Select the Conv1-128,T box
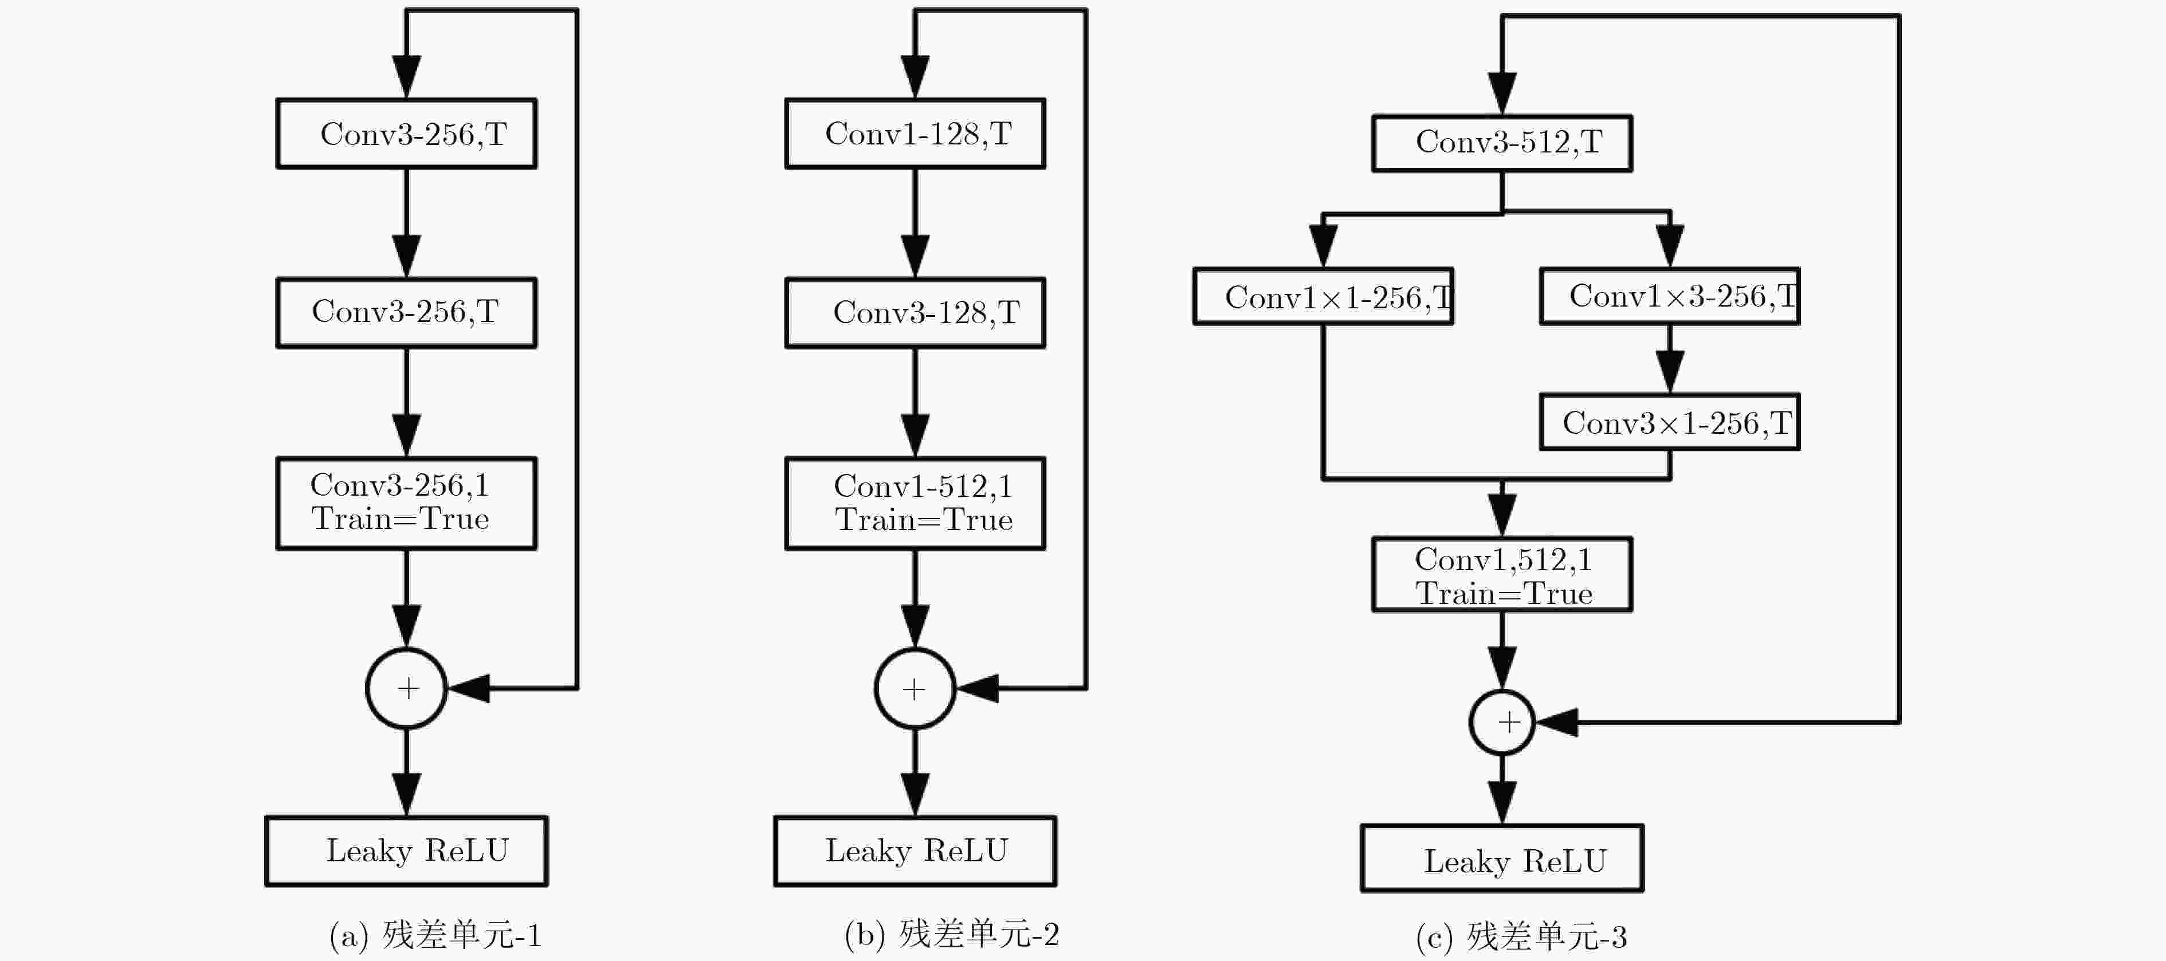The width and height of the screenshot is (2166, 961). tap(915, 134)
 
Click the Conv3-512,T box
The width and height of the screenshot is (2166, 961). tap(1502, 143)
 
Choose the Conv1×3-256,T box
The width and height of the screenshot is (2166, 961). tap(1669, 296)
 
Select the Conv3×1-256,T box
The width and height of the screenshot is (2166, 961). tap(1669, 422)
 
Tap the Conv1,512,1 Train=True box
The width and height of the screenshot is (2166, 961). tap(1502, 574)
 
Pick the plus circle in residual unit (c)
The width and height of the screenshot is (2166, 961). tap(1502, 691)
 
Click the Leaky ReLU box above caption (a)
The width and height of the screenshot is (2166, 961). tap(406, 851)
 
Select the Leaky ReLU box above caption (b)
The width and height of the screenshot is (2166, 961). tap(915, 851)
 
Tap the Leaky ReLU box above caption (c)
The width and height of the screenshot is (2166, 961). tap(1502, 858)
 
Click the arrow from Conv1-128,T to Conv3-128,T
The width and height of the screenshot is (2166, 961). tap(915, 223)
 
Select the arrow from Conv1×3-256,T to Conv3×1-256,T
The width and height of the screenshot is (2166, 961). tap(1669, 359)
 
